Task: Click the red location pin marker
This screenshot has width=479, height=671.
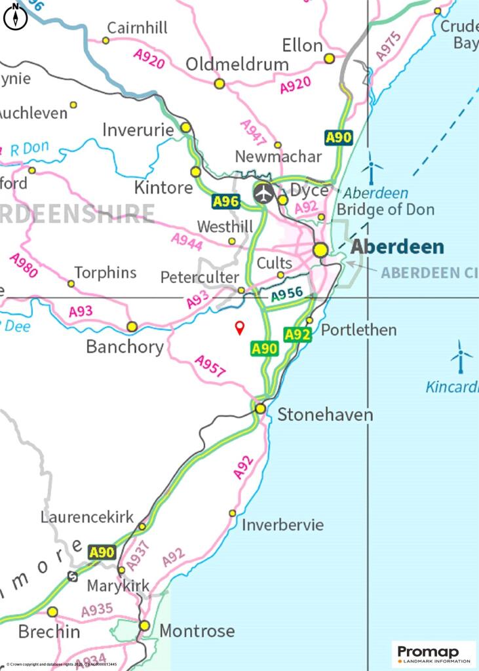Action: coord(240,328)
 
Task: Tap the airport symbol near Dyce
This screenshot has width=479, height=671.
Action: coord(263,193)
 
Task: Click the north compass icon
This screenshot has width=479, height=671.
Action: coord(15,16)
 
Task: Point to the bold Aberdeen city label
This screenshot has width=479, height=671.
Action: coord(397,247)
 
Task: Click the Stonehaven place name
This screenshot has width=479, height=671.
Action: coord(325,415)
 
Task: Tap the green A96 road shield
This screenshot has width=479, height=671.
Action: coord(225,202)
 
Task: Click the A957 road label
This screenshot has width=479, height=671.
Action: coord(210,366)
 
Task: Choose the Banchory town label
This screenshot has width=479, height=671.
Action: coord(125,347)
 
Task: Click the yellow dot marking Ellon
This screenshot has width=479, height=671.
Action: coord(330,59)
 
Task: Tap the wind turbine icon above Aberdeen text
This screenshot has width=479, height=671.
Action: coord(372,168)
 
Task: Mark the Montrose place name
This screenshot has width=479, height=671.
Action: coord(197,631)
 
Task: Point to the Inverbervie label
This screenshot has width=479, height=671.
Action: coord(282,526)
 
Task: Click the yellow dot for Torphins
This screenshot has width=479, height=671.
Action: coord(71,284)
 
